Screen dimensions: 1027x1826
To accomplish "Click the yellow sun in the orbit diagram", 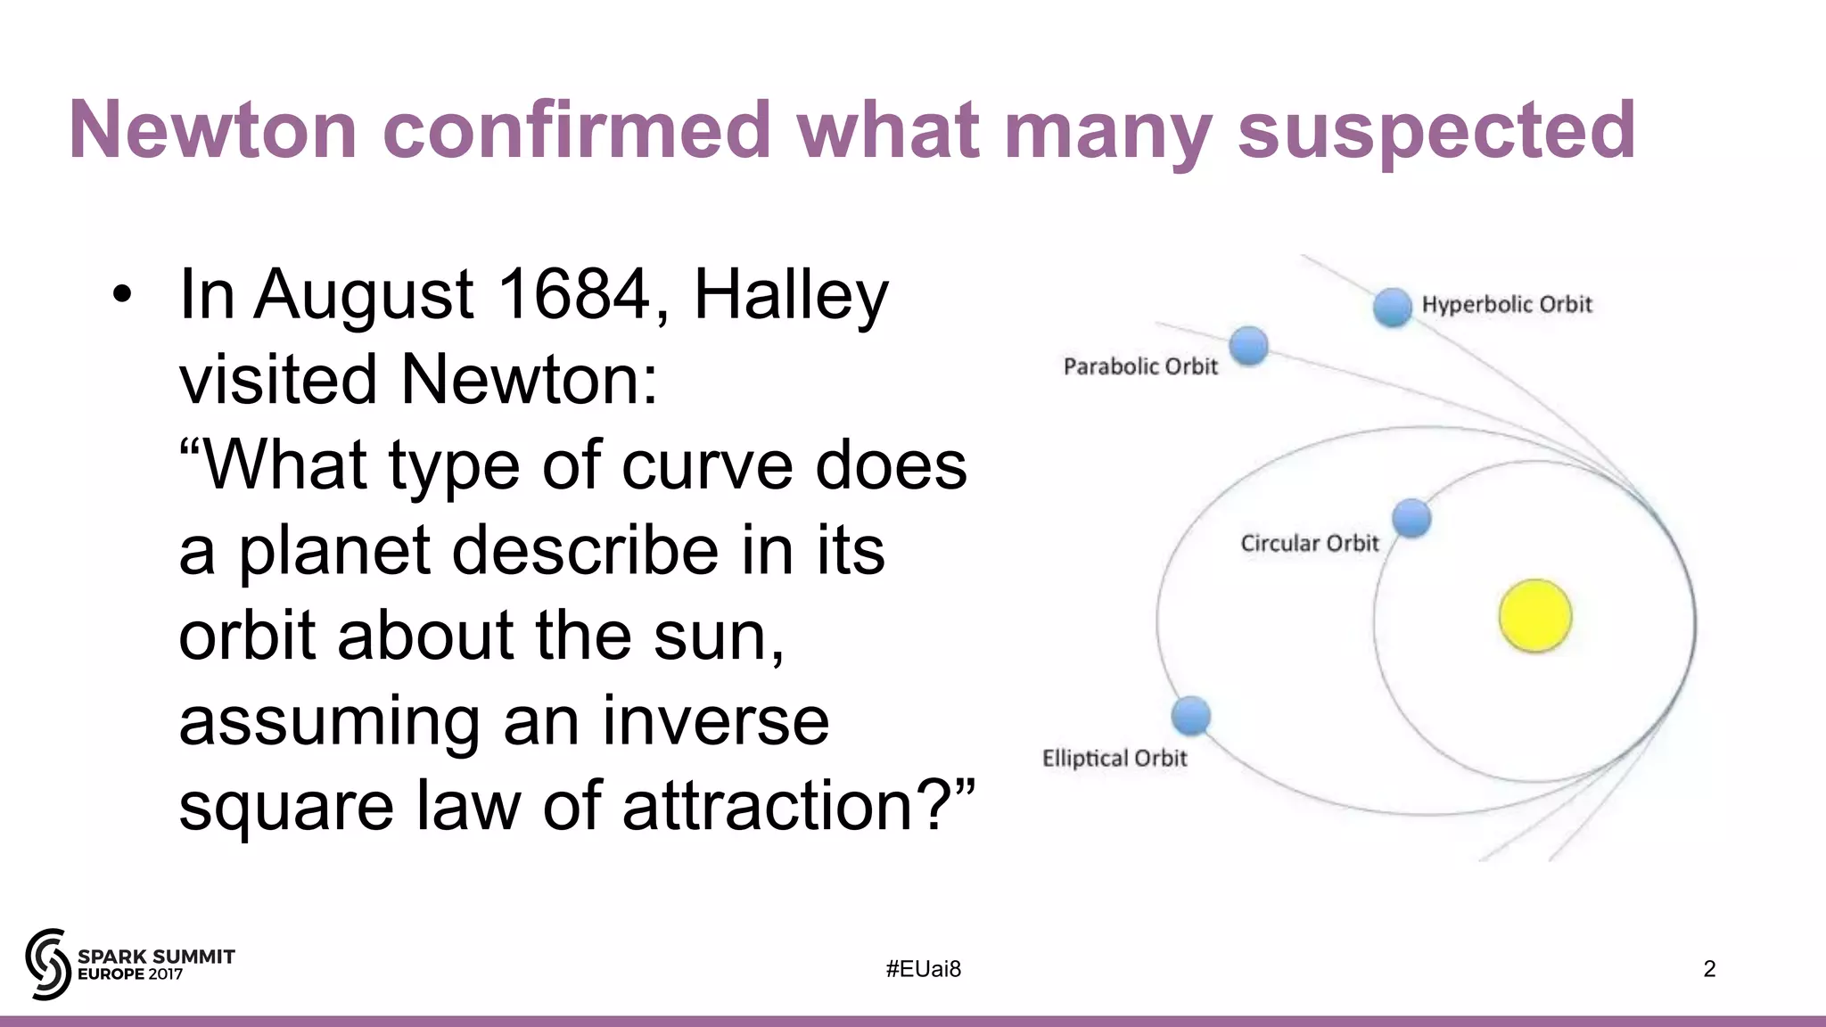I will [1534, 616].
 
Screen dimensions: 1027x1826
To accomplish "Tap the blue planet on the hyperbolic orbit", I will [1392, 308].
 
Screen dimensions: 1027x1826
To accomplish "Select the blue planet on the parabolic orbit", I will [1248, 346].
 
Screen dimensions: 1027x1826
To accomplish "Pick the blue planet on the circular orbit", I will [1411, 518].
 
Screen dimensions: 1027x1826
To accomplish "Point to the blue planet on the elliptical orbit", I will [1191, 716].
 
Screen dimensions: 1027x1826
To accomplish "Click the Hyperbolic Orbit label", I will [1506, 305].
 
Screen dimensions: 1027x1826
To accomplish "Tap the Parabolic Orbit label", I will [1140, 366].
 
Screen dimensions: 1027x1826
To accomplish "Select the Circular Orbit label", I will [1309, 543].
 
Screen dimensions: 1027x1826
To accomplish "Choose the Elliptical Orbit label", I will [1115, 758].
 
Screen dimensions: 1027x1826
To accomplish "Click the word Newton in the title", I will [213, 130].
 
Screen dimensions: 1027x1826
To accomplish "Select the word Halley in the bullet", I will [791, 296].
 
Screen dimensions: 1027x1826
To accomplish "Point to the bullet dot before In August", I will [122, 294].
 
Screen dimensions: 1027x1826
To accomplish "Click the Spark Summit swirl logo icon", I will [47, 964].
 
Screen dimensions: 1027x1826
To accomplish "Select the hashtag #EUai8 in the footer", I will [924, 969].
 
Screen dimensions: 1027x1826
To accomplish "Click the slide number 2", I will [1709, 969].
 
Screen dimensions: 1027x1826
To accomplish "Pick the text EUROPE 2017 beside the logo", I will [130, 974].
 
